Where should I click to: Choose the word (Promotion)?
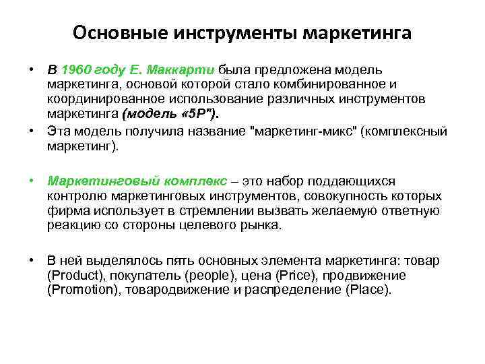coord(79,290)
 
